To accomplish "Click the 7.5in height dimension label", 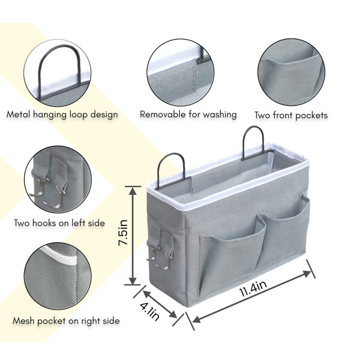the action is tap(123, 232).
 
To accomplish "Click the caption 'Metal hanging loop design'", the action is tap(62, 115).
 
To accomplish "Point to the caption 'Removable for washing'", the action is tap(188, 115).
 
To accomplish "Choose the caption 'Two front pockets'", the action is tap(291, 115).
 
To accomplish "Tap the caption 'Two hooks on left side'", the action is tap(59, 223).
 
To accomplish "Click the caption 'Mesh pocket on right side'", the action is tap(66, 321).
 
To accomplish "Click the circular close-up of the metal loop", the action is tap(58, 73).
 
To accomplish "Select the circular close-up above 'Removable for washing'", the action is tap(181, 73).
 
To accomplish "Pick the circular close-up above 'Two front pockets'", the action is tap(291, 72).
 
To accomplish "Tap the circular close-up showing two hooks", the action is tap(58, 179).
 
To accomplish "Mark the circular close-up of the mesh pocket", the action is tap(58, 277).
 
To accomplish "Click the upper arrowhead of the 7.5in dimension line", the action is tap(133, 191).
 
